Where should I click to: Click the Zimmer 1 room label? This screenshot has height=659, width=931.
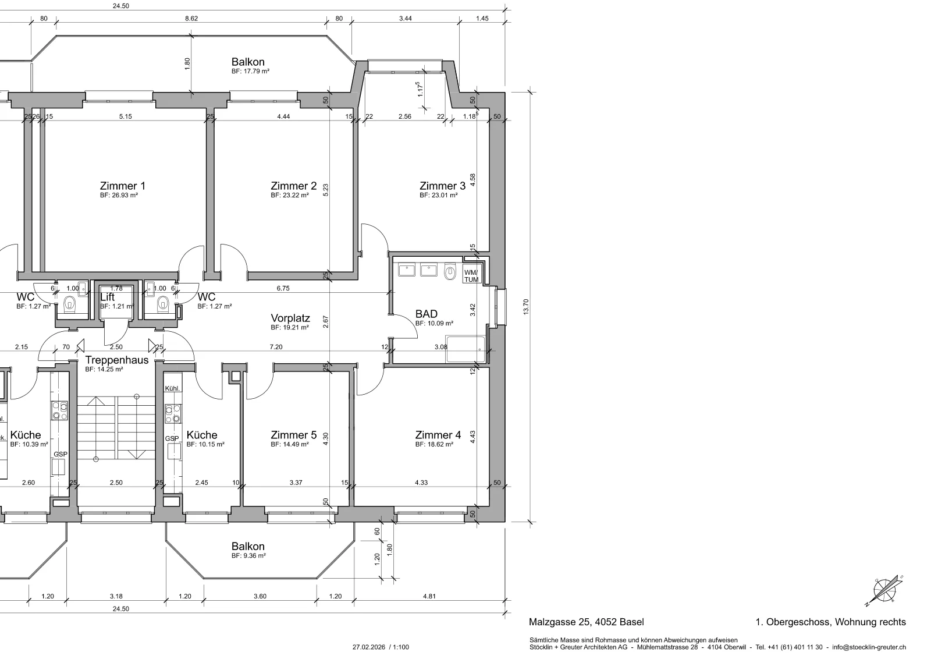[x=123, y=186]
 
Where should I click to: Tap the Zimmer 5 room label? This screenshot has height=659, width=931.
[x=293, y=435]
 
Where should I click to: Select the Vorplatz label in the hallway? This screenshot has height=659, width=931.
[x=290, y=318]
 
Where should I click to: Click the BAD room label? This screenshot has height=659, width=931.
[x=427, y=314]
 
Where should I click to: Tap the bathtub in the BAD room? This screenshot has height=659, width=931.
[x=465, y=349]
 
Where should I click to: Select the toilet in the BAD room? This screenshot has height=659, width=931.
[x=450, y=271]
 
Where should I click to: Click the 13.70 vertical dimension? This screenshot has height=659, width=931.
[x=526, y=307]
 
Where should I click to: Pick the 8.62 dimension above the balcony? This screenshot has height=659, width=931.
[x=191, y=18]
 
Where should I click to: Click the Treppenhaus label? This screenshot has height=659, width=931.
[x=117, y=360]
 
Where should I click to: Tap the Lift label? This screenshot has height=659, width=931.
[x=107, y=297]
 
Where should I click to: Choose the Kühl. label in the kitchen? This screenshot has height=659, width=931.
[x=172, y=388]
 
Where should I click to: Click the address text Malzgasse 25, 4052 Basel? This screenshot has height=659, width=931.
[x=586, y=622]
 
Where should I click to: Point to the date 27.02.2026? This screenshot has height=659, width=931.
[x=369, y=647]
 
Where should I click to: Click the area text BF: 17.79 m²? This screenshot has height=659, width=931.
[x=250, y=71]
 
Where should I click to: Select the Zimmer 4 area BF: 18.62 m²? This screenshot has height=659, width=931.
[x=434, y=444]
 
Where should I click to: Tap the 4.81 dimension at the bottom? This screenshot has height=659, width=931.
[x=429, y=596]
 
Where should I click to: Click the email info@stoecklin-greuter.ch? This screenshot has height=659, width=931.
[x=869, y=647]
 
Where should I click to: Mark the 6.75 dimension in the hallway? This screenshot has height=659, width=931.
[x=283, y=288]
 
